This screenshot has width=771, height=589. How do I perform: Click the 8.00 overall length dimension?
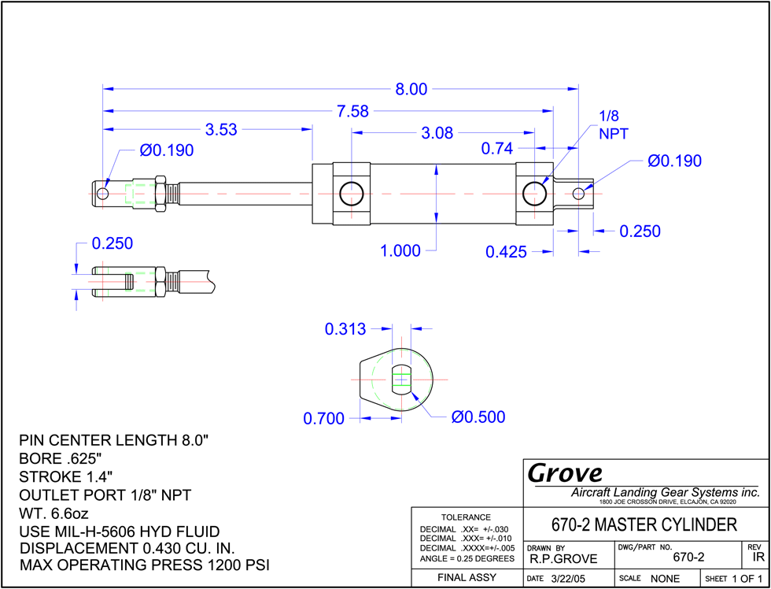point(411,89)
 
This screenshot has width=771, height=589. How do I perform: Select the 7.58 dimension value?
point(352,111)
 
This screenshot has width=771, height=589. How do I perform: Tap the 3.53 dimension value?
point(221,130)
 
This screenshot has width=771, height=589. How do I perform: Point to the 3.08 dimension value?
point(437,133)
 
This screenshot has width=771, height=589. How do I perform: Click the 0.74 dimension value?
point(497,148)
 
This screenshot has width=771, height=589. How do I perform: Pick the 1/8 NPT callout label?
point(613,125)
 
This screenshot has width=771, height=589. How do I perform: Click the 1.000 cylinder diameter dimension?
point(400,251)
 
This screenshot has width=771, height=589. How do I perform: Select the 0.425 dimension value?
point(506,252)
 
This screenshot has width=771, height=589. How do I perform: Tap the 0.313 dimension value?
point(345,329)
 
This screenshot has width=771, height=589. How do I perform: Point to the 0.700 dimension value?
point(323,419)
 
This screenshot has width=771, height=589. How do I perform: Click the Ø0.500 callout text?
point(478,417)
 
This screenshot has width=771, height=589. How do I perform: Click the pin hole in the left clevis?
point(102,194)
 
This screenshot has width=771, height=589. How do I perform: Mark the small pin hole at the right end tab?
point(579,194)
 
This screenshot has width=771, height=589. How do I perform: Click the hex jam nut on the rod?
point(160,194)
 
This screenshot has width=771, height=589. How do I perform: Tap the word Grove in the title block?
point(565,473)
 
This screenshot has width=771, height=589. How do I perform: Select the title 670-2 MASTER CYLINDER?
point(645,525)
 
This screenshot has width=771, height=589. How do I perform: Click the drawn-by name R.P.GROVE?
point(563,559)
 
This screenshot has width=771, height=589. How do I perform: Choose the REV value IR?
point(758,558)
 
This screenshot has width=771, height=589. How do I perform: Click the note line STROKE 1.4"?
point(66,477)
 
